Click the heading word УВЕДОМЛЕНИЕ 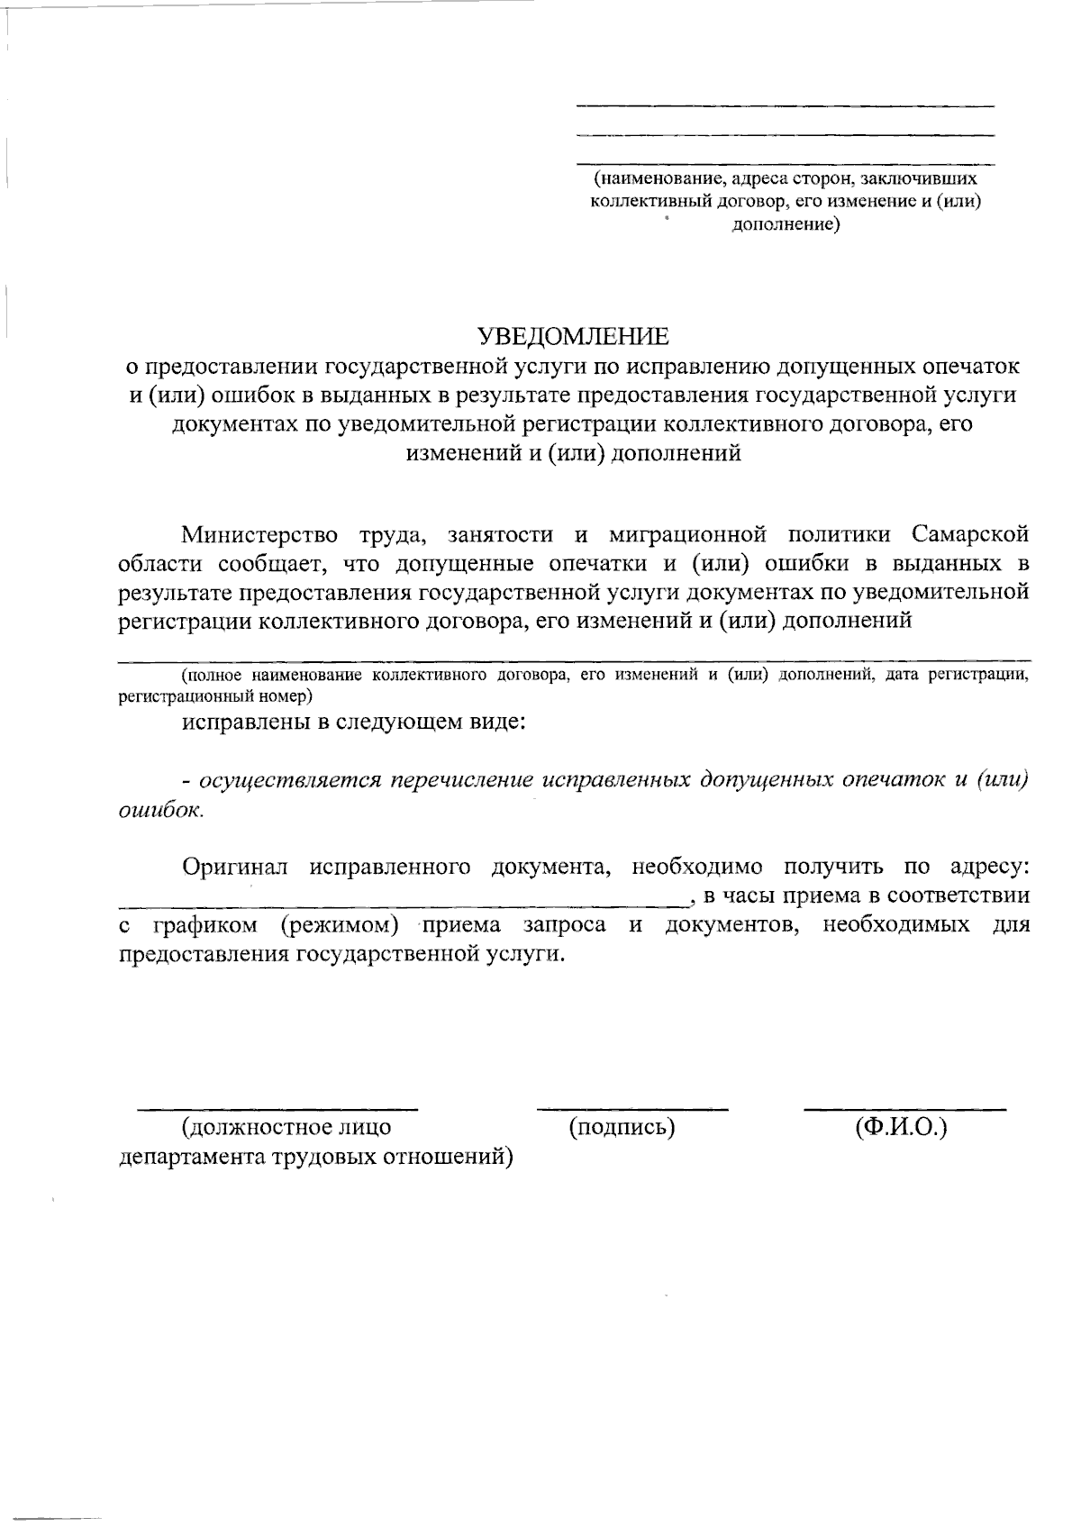tap(574, 336)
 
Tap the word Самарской tap(970, 535)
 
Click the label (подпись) tap(622, 1126)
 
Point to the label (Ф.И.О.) tap(903, 1126)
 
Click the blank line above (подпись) tap(631, 1107)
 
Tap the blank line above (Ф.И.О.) tap(904, 1107)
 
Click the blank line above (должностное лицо tap(277, 1107)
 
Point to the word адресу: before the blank tap(989, 867)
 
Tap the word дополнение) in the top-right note tap(785, 224)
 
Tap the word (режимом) tap(339, 924)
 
